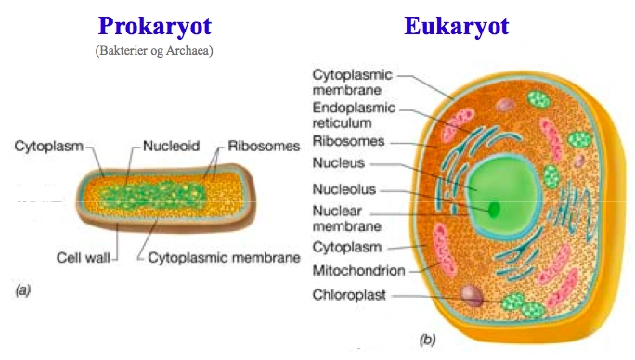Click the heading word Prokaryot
click(x=155, y=26)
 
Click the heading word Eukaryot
click(x=457, y=26)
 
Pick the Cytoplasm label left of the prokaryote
click(x=47, y=147)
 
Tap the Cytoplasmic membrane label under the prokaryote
click(x=224, y=256)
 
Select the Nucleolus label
click(x=346, y=190)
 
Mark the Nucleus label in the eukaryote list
click(x=339, y=164)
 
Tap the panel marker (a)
click(x=23, y=291)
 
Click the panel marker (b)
click(x=427, y=340)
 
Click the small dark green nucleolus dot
click(x=495, y=209)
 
